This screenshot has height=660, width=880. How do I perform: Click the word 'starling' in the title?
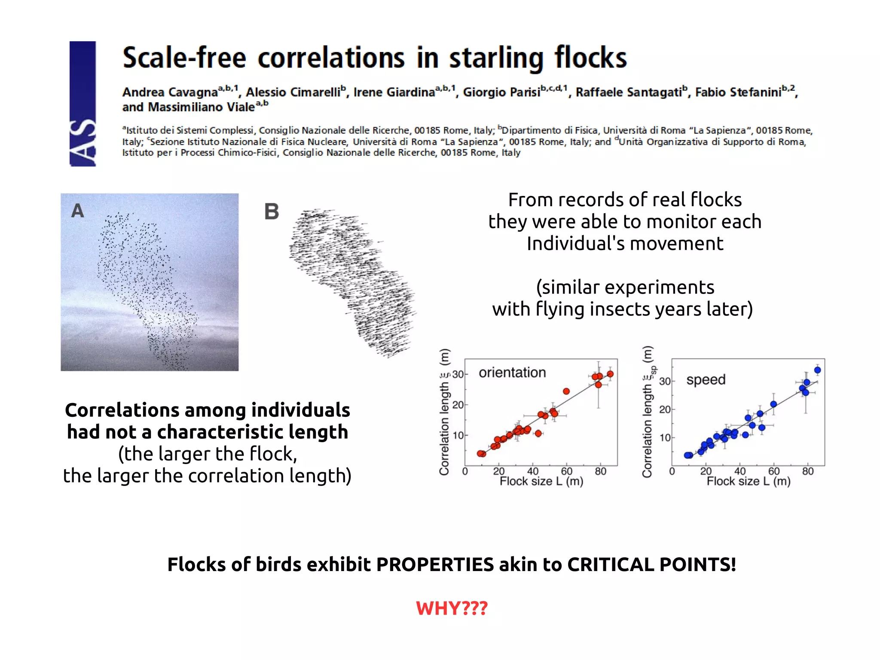point(496,58)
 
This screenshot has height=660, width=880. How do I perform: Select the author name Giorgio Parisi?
point(501,92)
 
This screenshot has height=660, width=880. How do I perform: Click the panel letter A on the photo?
point(77,211)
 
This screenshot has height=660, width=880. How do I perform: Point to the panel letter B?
point(272,212)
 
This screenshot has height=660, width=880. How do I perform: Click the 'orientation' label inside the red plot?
point(512,373)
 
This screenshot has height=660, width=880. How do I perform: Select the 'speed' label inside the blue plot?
point(706,380)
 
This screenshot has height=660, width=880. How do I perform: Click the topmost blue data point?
point(817,370)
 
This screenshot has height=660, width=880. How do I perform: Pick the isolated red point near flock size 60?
point(566,391)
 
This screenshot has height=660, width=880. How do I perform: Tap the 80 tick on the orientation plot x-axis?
point(600,471)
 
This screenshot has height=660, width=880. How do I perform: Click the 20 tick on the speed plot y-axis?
point(665,409)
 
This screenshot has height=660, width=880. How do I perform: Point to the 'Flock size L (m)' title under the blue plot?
point(749,482)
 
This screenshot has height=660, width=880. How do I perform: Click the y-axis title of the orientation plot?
point(444,412)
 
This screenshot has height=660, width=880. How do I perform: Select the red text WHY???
point(452,608)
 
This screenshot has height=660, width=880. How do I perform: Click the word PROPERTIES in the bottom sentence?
point(435,565)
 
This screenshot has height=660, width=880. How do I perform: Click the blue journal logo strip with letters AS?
point(82,104)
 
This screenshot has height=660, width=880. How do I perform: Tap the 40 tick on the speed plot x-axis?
point(739,471)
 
